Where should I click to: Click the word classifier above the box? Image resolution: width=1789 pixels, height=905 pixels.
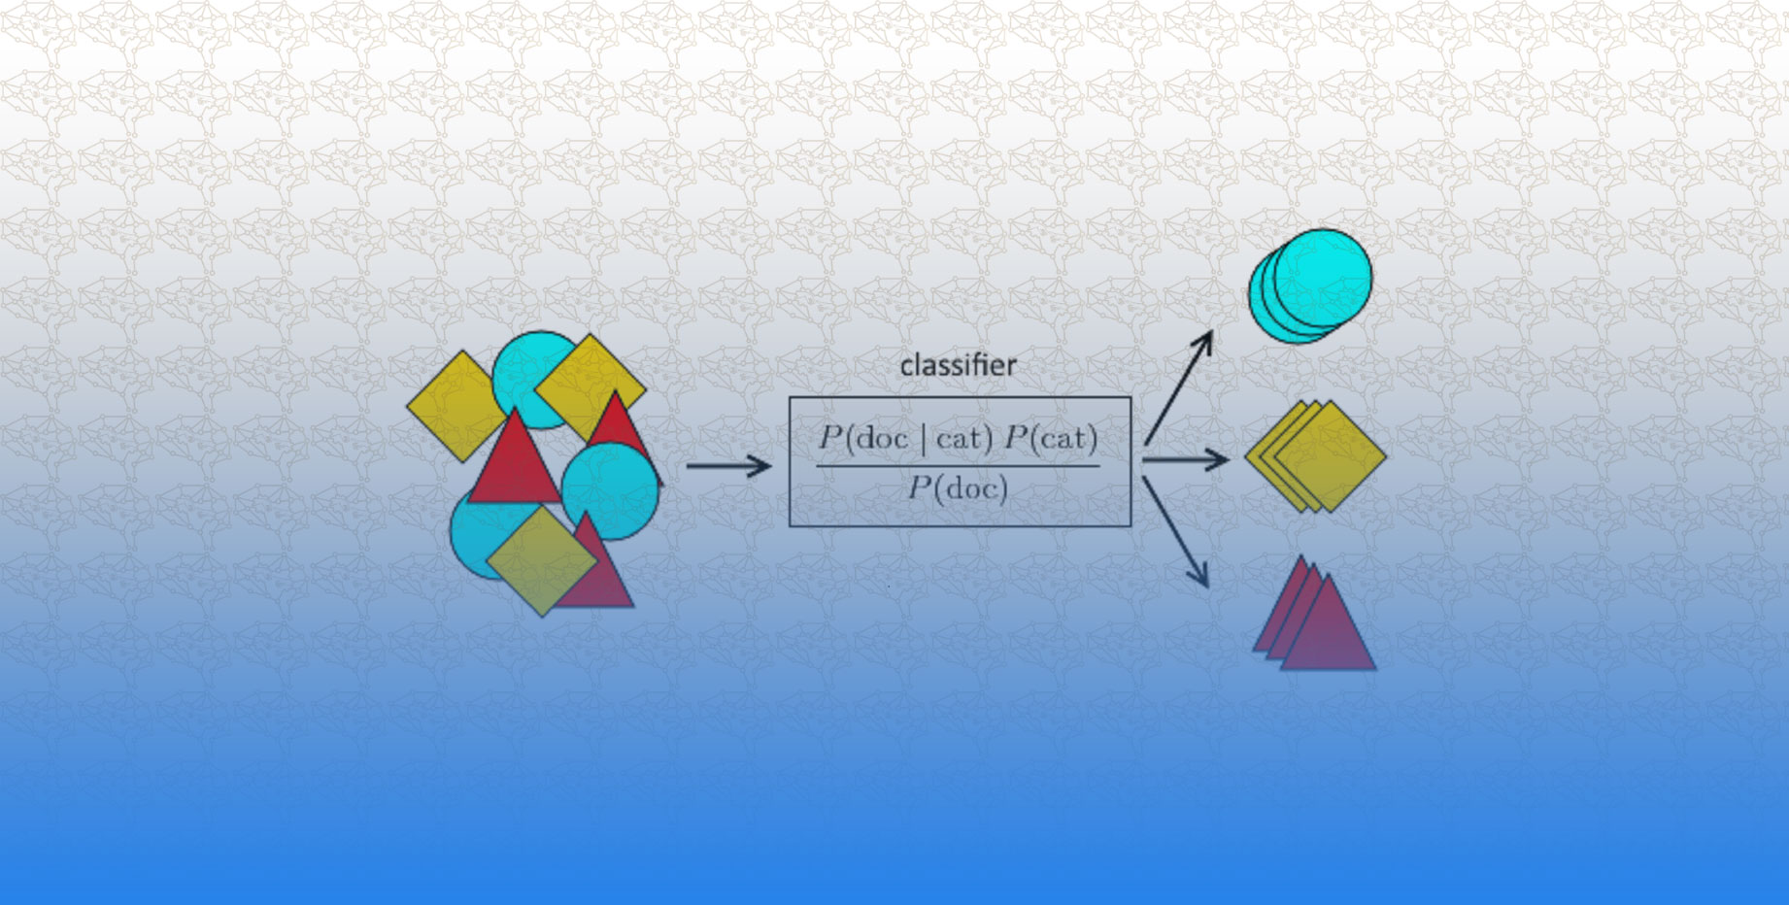pos(958,366)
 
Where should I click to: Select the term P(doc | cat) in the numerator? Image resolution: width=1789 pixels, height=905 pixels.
pos(905,439)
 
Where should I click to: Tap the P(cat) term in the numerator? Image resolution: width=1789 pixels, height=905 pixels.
pos(1051,439)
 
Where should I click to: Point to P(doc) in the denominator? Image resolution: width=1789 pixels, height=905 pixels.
pos(958,487)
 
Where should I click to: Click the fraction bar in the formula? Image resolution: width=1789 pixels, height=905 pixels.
pos(958,465)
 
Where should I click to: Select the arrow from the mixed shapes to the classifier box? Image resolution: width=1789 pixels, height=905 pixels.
pos(728,466)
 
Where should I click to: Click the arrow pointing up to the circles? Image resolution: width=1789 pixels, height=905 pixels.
pos(1179,386)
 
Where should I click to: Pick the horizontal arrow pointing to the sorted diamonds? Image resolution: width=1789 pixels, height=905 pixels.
pos(1185,459)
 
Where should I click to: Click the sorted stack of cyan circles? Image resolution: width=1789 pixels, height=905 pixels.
pos(1311,285)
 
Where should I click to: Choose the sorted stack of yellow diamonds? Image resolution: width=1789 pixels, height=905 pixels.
pos(1316,456)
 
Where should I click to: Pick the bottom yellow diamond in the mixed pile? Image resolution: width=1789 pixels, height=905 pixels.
pos(541,561)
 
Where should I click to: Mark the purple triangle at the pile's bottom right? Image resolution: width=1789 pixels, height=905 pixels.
pos(597,578)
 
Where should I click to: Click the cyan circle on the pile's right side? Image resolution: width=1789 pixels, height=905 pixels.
pos(612,490)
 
